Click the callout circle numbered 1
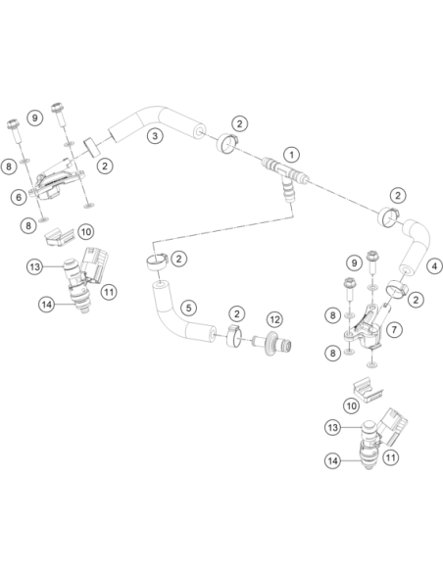pos(291,155)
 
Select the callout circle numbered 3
pos(155,136)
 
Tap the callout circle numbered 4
pos(434,266)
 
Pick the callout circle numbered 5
pos(188,308)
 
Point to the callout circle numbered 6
pos(19,197)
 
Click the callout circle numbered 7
pos(394,330)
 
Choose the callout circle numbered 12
pos(274,319)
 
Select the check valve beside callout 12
pos(272,344)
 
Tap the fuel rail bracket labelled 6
pos(58,183)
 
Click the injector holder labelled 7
pos(366,326)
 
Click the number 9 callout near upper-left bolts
pos(35,118)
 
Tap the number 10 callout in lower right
pos(352,405)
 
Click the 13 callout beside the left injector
pos(34,267)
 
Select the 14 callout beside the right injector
pos(333,461)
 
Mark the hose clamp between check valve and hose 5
pos(234,336)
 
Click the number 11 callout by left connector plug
pos(109,292)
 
